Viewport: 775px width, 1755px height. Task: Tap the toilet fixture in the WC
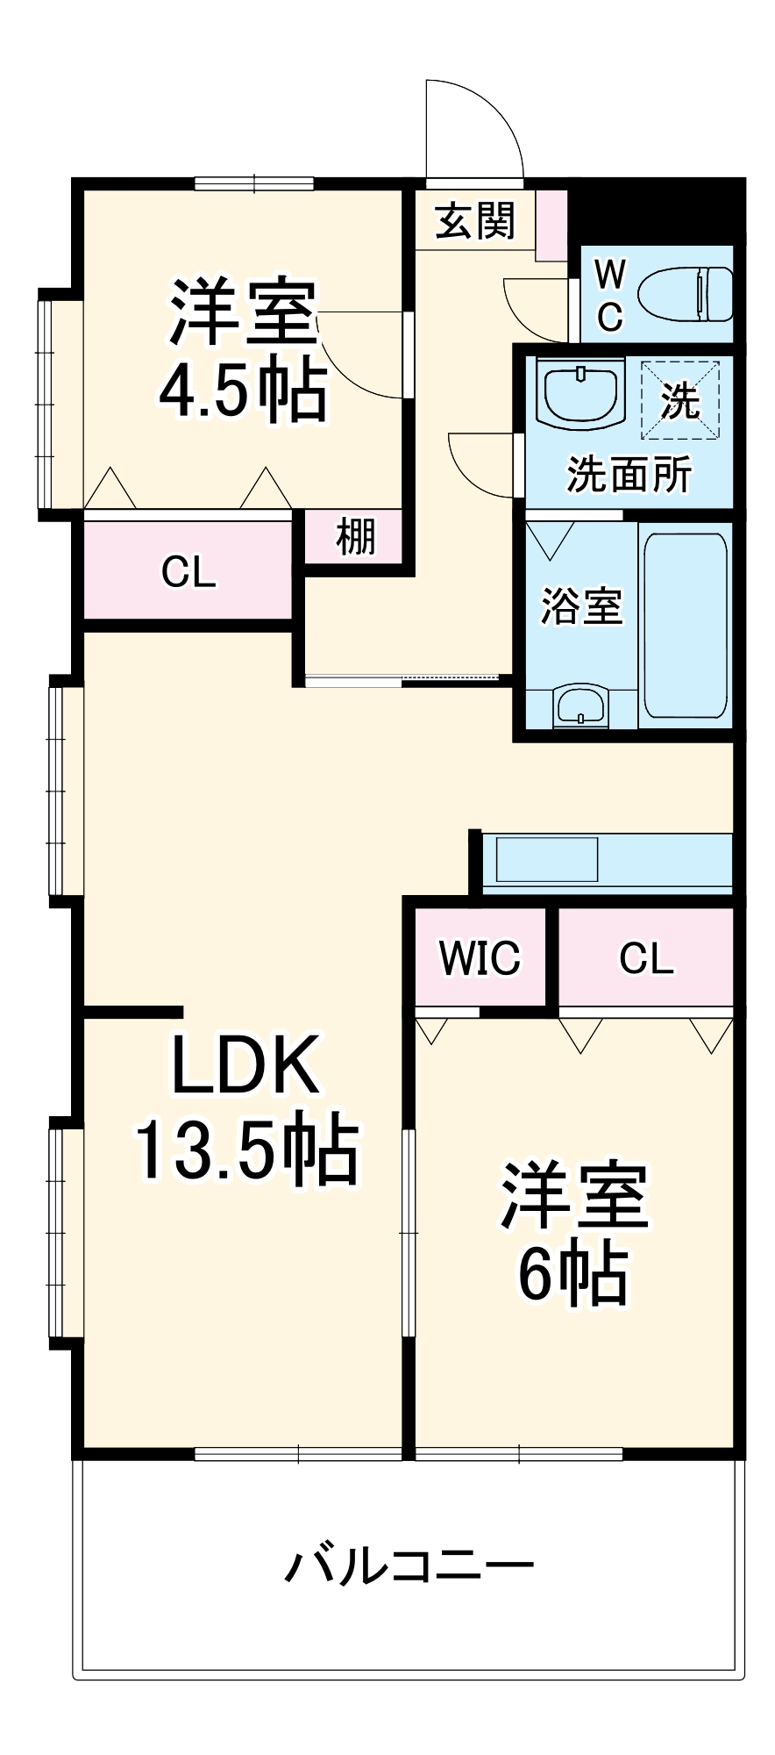pos(685,295)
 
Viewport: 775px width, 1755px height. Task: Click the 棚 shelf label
pos(355,536)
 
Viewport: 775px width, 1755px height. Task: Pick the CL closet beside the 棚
pos(188,573)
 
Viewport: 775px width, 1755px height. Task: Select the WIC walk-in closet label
pos(480,957)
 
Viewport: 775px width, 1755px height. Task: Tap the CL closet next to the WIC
pos(646,958)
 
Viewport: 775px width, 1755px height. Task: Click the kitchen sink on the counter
pos(547,859)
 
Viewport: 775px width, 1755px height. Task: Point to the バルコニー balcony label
pos(409,1565)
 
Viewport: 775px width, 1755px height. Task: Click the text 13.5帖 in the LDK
pos(246,1149)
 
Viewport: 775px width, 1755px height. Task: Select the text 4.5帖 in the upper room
pos(243,389)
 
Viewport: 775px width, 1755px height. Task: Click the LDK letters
pos(245,1064)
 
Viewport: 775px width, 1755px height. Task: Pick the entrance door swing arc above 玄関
pos(474,127)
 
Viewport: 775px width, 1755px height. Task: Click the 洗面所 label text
pos(629,475)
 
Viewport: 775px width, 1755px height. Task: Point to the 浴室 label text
pos(580,605)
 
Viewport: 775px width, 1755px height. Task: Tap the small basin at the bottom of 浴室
pos(580,705)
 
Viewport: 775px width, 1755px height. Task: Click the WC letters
pos(609,295)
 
